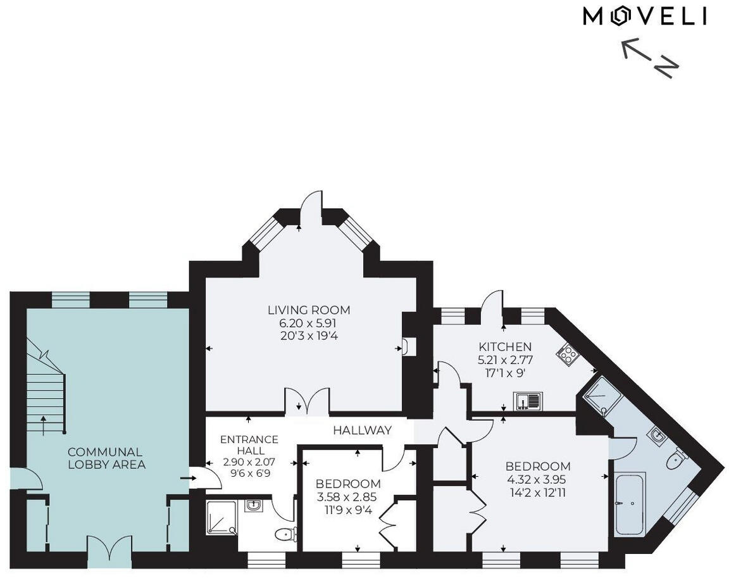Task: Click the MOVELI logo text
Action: (x=644, y=16)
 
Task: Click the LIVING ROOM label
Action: (x=308, y=310)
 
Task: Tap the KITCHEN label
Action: (x=504, y=347)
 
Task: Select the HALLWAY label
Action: (x=362, y=430)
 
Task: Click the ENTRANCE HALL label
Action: (x=249, y=445)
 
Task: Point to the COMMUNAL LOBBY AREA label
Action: (x=106, y=458)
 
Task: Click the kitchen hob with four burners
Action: (x=567, y=353)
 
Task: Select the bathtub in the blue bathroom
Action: (x=629, y=504)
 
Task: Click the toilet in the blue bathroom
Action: (x=676, y=458)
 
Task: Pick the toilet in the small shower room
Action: (x=287, y=534)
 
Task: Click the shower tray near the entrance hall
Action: (x=221, y=518)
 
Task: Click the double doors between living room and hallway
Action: (x=307, y=403)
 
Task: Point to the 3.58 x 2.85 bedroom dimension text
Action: (x=348, y=497)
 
